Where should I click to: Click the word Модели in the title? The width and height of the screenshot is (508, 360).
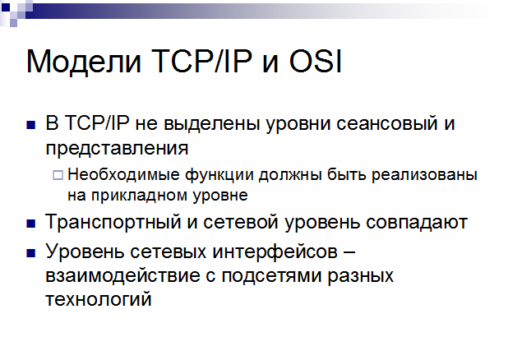[x=84, y=62]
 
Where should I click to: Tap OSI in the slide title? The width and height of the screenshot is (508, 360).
[x=315, y=61]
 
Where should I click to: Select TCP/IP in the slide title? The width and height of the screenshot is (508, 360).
[x=201, y=61]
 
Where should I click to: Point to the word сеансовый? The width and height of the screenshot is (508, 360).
[x=387, y=123]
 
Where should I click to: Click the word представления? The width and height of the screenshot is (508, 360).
[x=117, y=149]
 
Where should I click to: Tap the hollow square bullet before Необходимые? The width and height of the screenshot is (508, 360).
[x=58, y=175]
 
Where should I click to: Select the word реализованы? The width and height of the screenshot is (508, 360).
[x=424, y=175]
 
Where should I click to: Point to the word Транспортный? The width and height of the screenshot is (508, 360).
[x=113, y=223]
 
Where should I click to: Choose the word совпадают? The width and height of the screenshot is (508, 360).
[x=417, y=223]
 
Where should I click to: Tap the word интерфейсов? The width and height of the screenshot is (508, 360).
[x=275, y=252]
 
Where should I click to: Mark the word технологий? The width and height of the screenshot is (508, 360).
[x=99, y=299]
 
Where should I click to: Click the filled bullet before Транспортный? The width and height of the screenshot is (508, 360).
[x=31, y=224]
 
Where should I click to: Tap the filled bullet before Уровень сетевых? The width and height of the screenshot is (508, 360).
[x=31, y=253]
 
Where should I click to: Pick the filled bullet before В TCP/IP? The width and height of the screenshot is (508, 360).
[x=31, y=125]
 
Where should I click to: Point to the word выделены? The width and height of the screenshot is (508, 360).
[x=212, y=124]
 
